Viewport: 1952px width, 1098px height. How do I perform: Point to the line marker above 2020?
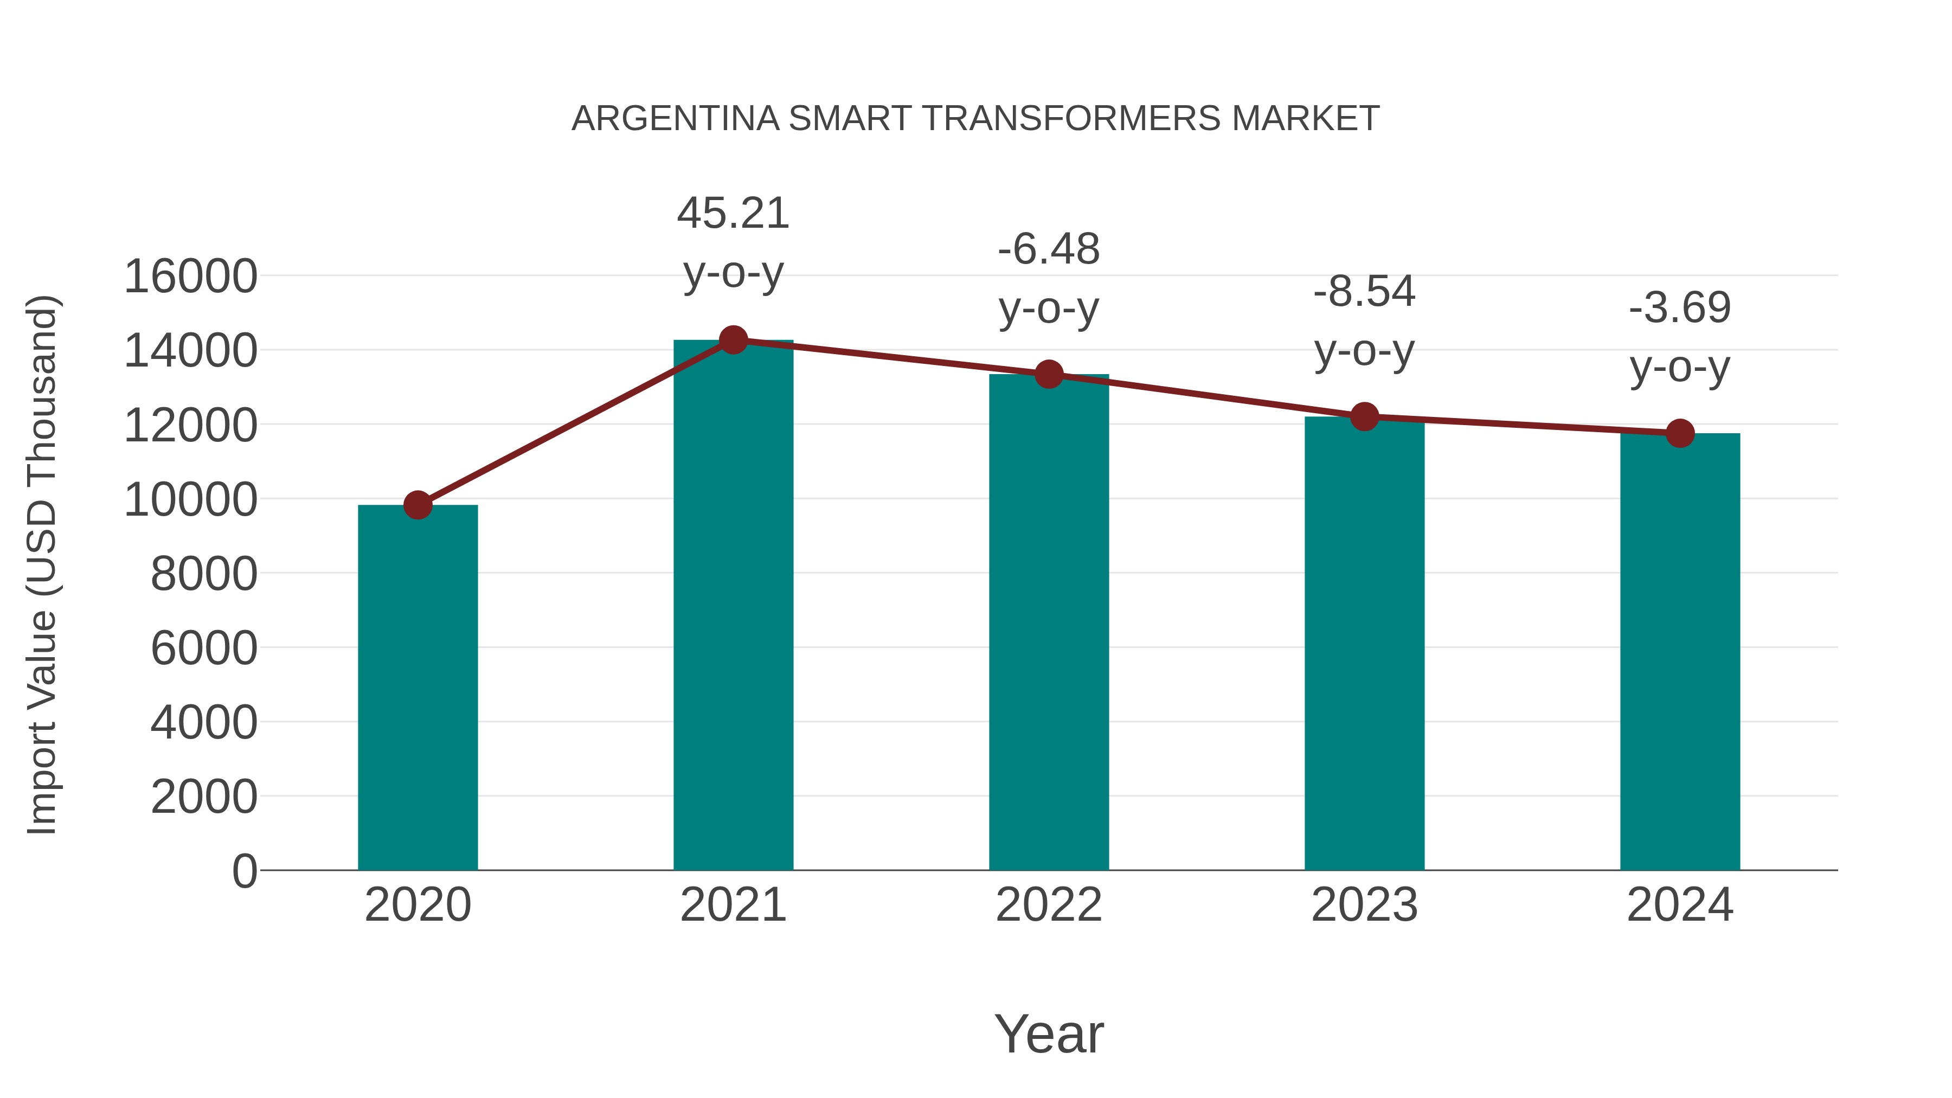coord(418,505)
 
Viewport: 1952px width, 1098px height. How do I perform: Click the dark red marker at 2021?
coord(733,340)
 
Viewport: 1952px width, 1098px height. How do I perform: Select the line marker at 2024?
coord(1679,433)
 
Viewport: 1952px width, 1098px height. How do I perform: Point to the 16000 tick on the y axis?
coord(190,276)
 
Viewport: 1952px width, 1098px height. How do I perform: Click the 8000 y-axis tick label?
coord(204,574)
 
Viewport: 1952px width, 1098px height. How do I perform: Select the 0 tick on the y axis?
coord(244,871)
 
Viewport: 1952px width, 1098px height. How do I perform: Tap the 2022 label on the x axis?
coord(1048,905)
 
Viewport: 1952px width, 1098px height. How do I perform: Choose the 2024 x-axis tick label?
coord(1679,905)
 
